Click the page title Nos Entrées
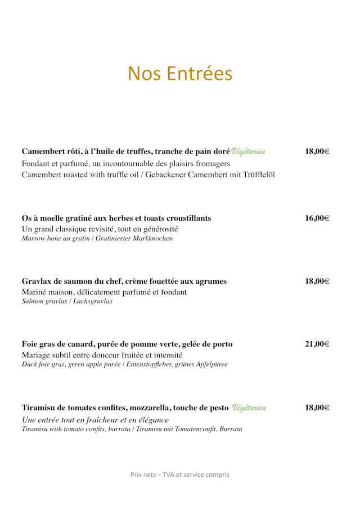(180, 74)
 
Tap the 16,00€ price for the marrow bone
(317, 218)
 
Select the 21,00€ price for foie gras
(317, 345)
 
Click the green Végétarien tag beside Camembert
(248, 151)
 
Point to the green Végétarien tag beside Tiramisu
(249, 408)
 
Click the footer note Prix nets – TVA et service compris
(180, 475)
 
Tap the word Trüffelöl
(258, 175)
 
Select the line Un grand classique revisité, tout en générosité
(100, 229)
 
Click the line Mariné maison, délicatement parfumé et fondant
(104, 292)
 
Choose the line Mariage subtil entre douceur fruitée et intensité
(102, 355)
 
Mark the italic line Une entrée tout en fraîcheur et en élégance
(95, 420)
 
